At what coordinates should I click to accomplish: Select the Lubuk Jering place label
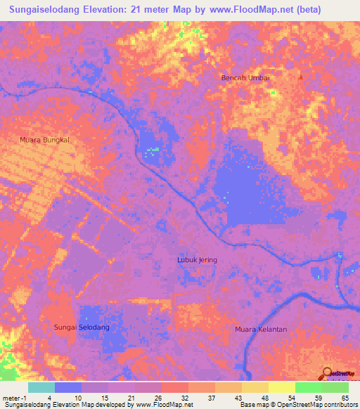pos(196,260)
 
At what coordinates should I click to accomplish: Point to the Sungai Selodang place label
pos(82,327)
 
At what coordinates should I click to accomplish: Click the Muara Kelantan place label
pos(262,329)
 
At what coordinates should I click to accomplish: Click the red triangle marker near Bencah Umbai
pos(301,76)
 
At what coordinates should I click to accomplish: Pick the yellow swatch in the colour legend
pos(281,388)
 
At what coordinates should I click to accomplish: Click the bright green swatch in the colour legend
pos(308,388)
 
